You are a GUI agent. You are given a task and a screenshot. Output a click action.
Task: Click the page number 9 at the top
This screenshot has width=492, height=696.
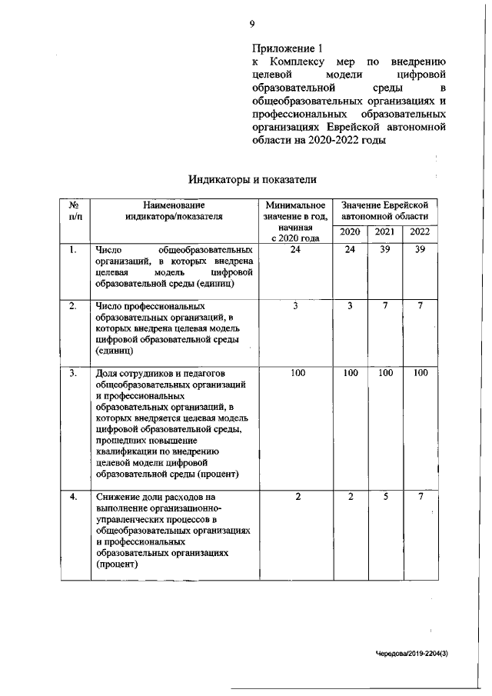[x=252, y=24]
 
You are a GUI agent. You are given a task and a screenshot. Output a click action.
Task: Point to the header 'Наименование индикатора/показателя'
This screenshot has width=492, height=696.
[x=174, y=211]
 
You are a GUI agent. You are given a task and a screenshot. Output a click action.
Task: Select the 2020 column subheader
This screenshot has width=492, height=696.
[x=350, y=232]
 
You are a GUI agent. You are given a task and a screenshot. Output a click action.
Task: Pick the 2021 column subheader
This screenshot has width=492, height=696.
[x=385, y=232]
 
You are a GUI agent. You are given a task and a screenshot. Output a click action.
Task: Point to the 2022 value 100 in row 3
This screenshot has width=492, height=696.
[x=420, y=373]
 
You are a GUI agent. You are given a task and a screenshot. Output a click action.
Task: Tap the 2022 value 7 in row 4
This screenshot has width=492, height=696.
[x=420, y=497]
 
